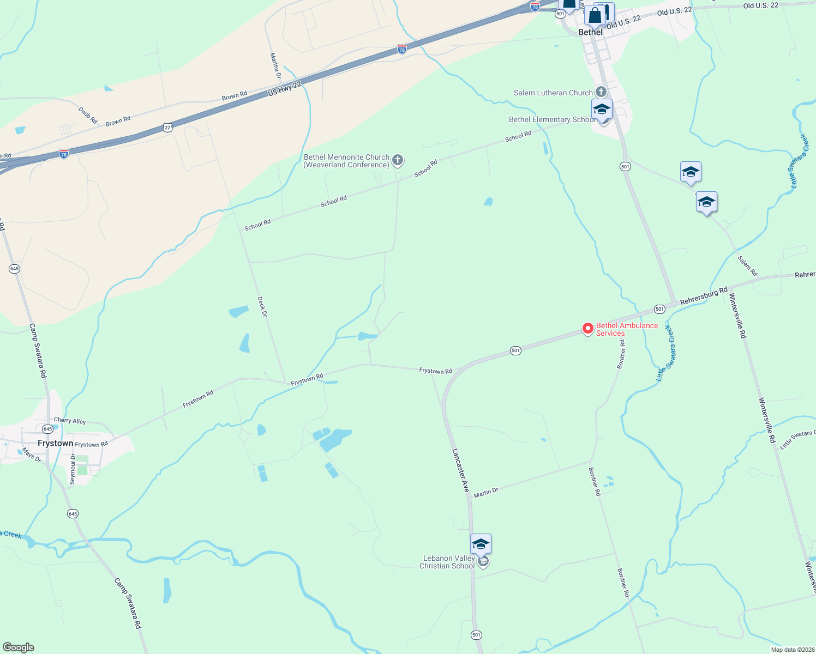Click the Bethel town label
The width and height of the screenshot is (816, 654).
point(590,32)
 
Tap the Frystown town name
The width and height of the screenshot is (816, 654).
point(55,443)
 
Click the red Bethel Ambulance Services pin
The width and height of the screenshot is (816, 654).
point(587,329)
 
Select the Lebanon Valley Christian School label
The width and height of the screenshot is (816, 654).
point(447,562)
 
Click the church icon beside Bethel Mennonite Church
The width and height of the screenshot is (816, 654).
point(398,160)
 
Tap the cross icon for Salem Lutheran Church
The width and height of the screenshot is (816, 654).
point(601,92)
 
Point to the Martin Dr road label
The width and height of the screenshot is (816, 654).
point(486,493)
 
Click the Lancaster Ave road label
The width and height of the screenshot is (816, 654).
point(460,470)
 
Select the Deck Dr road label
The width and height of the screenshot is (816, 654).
point(262,307)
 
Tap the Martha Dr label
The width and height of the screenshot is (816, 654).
point(275,65)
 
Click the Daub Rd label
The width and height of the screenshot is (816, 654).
point(88,115)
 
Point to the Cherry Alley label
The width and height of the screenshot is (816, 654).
point(70,420)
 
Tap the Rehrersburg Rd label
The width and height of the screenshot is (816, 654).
point(704,295)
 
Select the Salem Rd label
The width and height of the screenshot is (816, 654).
point(747,265)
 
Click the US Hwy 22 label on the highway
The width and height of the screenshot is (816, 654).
point(284,89)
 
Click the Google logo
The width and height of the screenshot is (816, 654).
point(18,647)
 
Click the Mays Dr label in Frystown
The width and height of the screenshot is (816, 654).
point(32,455)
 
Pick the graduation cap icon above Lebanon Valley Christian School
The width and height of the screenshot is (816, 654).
point(481,544)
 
